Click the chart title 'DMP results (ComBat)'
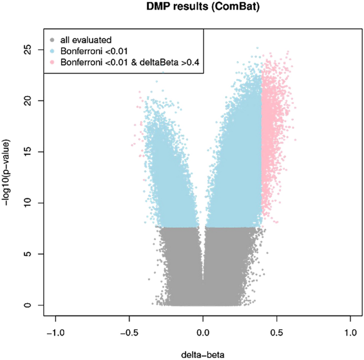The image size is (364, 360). (x=202, y=7)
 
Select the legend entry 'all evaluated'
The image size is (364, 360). (x=86, y=39)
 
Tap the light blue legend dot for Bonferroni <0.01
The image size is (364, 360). (x=52, y=51)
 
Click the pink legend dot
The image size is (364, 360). (x=52, y=63)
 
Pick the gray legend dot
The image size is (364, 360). (x=52, y=39)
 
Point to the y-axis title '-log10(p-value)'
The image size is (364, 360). (x=8, y=172)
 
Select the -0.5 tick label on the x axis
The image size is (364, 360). (x=129, y=332)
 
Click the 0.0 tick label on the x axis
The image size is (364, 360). (x=203, y=332)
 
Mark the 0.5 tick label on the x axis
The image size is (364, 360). (x=276, y=332)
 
